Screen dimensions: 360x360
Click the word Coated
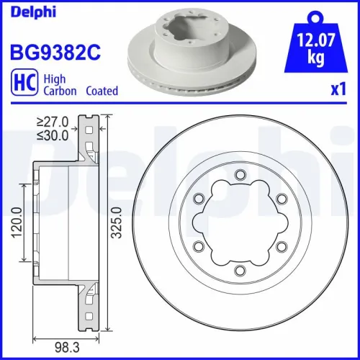pos(102,91)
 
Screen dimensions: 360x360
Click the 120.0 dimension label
pos(15,222)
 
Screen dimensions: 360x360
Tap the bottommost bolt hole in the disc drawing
pos(239,269)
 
